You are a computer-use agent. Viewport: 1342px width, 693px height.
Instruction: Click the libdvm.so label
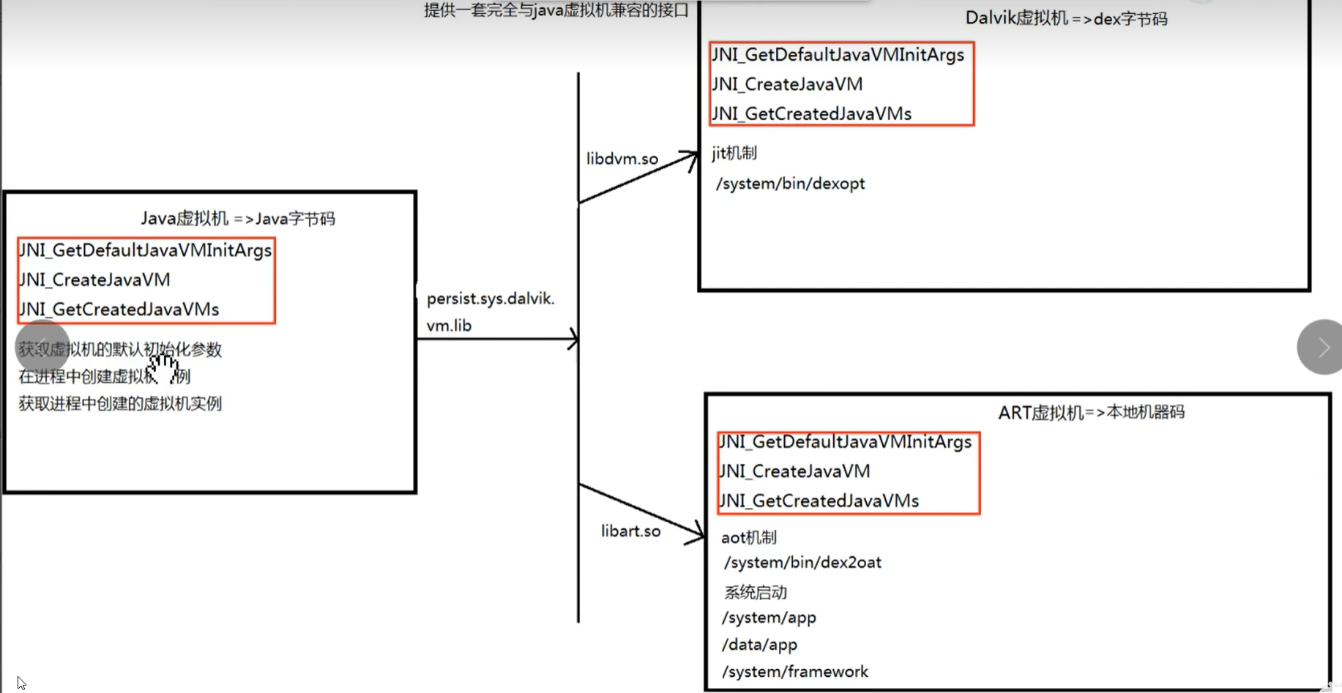point(622,159)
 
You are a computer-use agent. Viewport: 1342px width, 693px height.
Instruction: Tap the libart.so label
point(630,531)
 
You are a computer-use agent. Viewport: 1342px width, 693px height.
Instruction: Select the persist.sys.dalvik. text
point(491,299)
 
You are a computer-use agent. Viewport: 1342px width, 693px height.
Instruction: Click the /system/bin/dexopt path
point(791,184)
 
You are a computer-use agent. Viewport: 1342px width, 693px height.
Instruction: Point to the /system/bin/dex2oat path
point(802,563)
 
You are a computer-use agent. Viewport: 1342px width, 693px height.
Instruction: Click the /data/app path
point(759,645)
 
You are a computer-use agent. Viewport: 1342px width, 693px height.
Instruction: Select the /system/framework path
point(795,672)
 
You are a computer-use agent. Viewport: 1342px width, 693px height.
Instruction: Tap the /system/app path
point(769,618)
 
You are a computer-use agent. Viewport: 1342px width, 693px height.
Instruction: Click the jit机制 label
point(734,153)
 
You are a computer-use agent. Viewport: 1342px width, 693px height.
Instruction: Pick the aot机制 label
point(748,538)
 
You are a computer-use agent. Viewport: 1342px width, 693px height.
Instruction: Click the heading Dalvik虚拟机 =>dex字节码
point(1066,18)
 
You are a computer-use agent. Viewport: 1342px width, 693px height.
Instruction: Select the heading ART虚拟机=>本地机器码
point(1091,413)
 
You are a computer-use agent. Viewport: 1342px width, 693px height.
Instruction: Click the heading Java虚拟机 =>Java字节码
point(238,219)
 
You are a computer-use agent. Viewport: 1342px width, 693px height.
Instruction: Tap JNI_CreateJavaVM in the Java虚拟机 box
point(94,280)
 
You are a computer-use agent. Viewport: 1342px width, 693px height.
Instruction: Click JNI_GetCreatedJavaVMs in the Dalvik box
point(811,113)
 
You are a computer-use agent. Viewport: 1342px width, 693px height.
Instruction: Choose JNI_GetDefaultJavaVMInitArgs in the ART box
point(845,442)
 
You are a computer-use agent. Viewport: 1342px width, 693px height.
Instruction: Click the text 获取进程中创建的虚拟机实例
point(120,404)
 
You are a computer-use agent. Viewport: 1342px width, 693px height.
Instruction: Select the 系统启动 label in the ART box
point(756,592)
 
